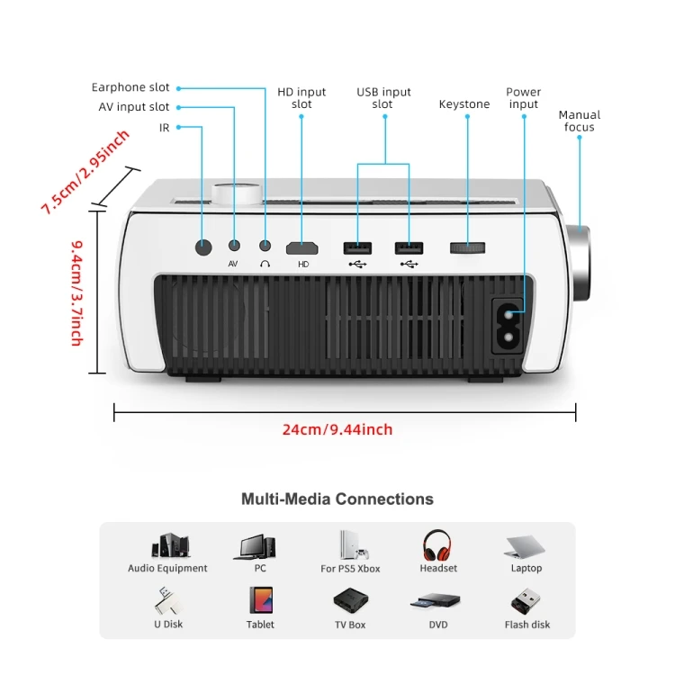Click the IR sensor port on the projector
(x=203, y=246)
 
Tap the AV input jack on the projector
(x=234, y=245)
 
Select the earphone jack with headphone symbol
(x=265, y=245)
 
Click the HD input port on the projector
(x=303, y=247)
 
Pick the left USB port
(x=357, y=247)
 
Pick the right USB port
(x=409, y=247)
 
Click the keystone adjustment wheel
(x=467, y=247)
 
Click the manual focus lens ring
(x=580, y=261)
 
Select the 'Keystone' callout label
(x=464, y=104)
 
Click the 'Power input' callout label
(x=523, y=98)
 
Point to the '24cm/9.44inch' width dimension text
(x=337, y=430)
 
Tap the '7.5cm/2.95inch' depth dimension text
(x=85, y=172)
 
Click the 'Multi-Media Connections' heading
(x=337, y=499)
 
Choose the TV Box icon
(x=349, y=601)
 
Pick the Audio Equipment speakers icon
(x=168, y=546)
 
